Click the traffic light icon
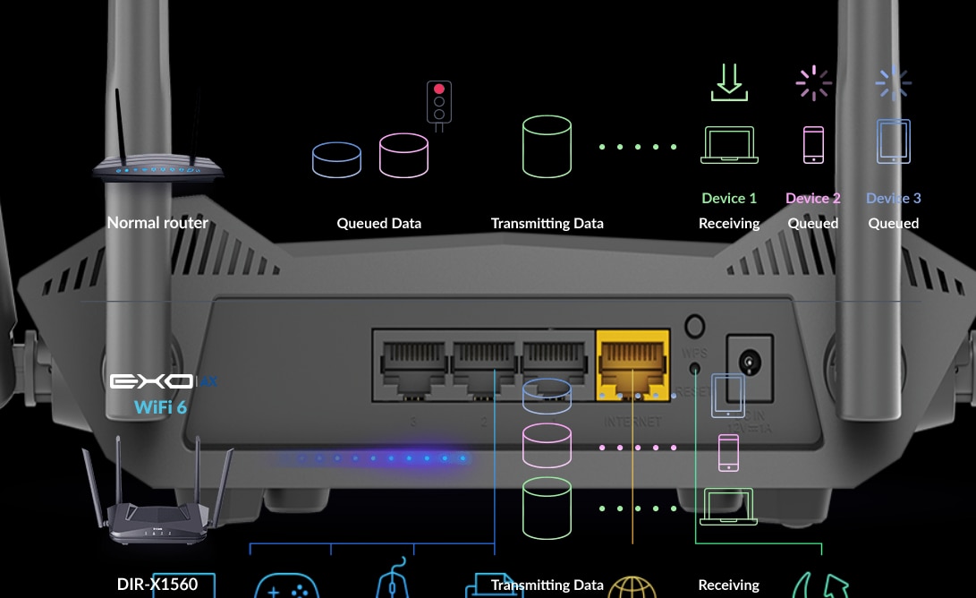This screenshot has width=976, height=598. (438, 103)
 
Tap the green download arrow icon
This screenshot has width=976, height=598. (729, 81)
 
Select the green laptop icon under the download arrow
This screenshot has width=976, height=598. (730, 145)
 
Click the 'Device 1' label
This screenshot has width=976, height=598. (729, 198)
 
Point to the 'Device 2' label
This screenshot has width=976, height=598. (812, 198)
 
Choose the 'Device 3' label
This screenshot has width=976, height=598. (893, 198)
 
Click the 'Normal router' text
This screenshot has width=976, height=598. (157, 223)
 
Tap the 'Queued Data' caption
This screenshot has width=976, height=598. (378, 223)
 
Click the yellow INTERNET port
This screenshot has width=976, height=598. (632, 363)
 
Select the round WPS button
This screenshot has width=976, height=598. (693, 326)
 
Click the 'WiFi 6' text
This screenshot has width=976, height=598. (161, 407)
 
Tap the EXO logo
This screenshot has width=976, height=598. (152, 382)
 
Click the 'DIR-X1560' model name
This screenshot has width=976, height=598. (157, 585)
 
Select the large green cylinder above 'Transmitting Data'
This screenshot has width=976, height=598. (547, 145)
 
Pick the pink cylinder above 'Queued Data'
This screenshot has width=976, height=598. (403, 155)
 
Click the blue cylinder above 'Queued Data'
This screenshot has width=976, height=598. (336, 159)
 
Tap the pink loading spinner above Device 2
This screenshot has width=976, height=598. (813, 83)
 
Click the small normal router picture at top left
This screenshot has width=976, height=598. (157, 161)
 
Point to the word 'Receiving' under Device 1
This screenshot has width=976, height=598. (729, 223)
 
